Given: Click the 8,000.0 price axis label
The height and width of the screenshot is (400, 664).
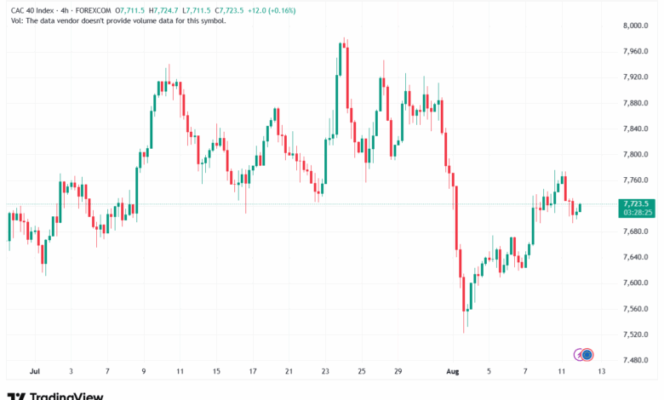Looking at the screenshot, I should [638, 26].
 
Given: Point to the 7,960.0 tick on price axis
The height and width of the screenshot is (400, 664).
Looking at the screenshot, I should [638, 51].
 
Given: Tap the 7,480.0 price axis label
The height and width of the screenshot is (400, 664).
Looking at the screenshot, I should [638, 360].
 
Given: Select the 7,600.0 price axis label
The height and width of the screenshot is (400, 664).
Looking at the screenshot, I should [638, 283].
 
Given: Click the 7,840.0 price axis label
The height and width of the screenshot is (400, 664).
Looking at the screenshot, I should [638, 129].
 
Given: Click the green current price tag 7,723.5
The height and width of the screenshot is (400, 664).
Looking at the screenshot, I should [637, 204].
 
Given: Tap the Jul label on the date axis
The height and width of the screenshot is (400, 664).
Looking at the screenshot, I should [35, 372].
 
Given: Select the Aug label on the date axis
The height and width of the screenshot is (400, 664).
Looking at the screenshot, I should [454, 372].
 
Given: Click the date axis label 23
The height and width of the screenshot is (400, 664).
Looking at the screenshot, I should [325, 372].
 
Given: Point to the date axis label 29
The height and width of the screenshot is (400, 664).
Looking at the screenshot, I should [398, 372].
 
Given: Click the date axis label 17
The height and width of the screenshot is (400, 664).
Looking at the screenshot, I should [253, 372].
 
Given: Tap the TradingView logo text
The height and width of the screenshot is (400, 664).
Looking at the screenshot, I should [66, 396].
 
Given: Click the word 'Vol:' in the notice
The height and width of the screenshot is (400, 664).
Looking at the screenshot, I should [15, 20].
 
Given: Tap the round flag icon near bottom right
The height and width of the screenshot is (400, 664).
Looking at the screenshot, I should [587, 354].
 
